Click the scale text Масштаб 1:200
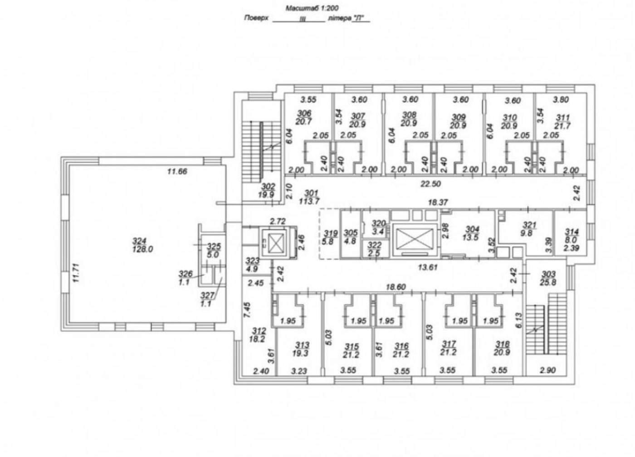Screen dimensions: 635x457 (312, 9)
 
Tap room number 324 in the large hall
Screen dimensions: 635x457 (140, 241)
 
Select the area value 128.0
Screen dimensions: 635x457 (142, 249)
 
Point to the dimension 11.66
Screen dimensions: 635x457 (177, 171)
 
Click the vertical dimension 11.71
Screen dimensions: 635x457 (76, 273)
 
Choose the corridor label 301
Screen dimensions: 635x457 (311, 194)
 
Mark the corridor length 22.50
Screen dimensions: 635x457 (430, 184)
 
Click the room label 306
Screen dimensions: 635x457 (304, 113)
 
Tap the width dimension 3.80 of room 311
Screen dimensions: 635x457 (561, 99)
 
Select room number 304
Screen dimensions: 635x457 (473, 229)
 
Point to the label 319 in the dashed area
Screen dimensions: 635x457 (331, 233)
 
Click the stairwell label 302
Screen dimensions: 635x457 (268, 187)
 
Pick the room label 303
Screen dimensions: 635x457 (548, 274)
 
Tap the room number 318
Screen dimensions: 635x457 (503, 344)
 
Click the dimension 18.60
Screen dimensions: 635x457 (396, 287)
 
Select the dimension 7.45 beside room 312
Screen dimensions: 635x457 (247, 310)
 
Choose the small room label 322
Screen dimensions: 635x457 (375, 245)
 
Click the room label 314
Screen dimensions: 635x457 (572, 232)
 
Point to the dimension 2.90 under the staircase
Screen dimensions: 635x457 (548, 370)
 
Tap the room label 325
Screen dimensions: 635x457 (214, 246)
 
